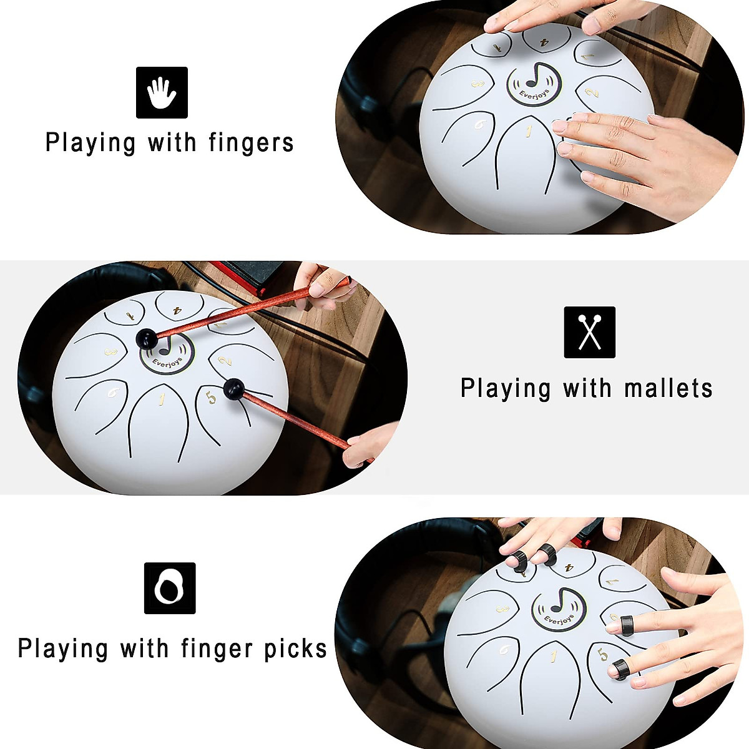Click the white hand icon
(162, 92)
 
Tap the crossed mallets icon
(589, 332)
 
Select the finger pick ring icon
(169, 588)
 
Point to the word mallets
(668, 388)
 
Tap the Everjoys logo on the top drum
(534, 84)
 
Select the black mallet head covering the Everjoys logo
(147, 340)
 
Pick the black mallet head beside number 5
(234, 388)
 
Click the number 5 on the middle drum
(211, 397)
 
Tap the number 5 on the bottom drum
(602, 655)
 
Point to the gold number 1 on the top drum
(529, 131)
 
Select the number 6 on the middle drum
(113, 392)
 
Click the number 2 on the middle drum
(227, 360)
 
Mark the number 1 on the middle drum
(161, 398)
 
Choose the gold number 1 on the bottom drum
(552, 655)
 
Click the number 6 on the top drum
(479, 124)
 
